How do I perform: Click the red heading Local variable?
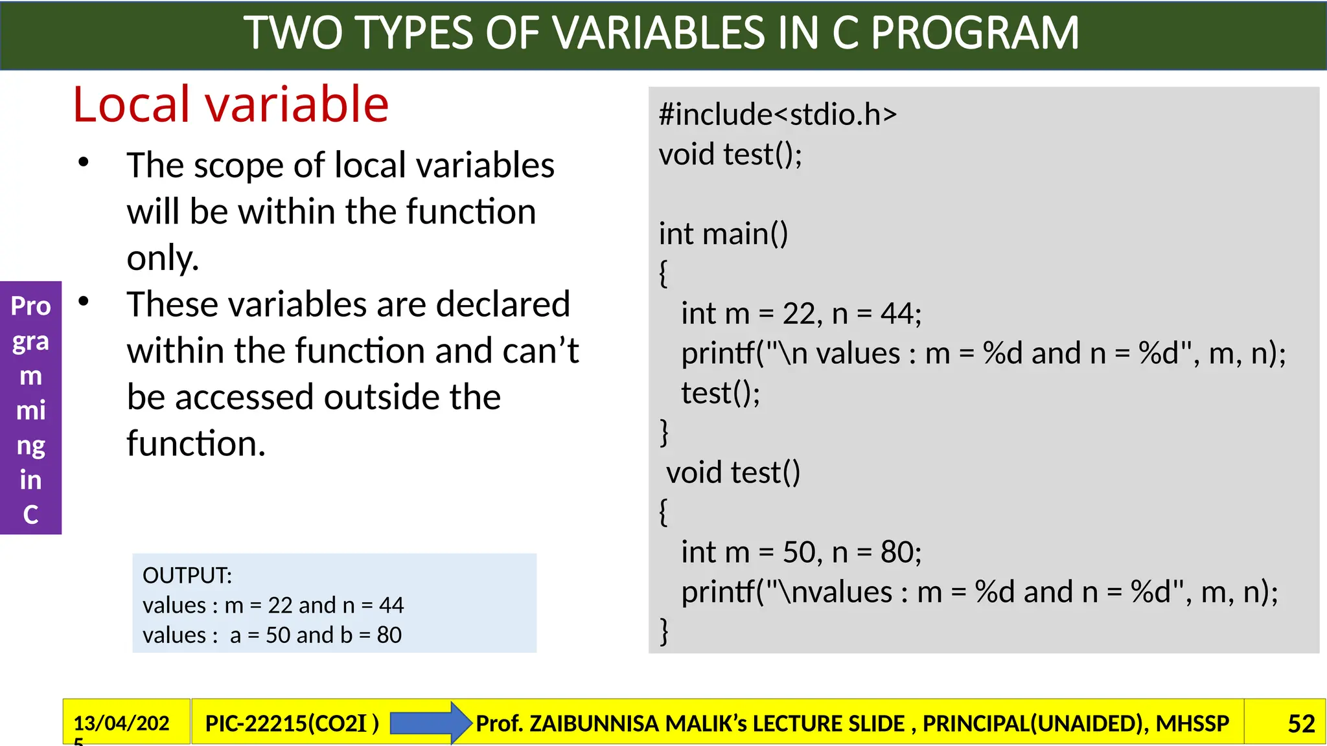tap(230, 105)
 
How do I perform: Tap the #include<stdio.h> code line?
tap(777, 115)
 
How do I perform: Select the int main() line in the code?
tap(723, 234)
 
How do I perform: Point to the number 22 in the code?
tap(798, 314)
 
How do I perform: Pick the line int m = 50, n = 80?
tap(800, 552)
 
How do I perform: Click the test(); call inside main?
tap(720, 393)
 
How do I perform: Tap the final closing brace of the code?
tap(664, 631)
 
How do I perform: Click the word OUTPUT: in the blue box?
tap(187, 575)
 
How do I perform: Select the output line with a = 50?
tap(272, 635)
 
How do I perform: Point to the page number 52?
tap(1300, 723)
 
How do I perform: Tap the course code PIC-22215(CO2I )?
tap(292, 723)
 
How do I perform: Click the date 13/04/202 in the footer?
tap(121, 723)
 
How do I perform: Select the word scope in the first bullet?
tap(238, 166)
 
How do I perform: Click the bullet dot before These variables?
tap(84, 301)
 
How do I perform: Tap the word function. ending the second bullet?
tap(196, 444)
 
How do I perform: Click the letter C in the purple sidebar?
tap(30, 514)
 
